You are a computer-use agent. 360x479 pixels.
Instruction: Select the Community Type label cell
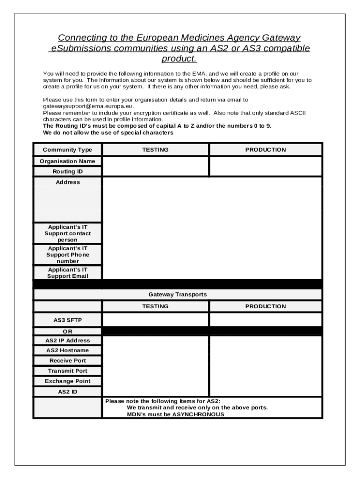coord(67,150)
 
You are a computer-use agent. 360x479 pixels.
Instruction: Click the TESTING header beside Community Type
coord(155,150)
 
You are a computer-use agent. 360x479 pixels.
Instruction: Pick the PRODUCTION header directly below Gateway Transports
coord(265,306)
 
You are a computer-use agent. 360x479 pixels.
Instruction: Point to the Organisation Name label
coord(67,161)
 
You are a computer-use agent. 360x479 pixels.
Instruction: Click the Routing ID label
coord(67,172)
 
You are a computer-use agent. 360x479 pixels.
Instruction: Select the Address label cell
coord(68,182)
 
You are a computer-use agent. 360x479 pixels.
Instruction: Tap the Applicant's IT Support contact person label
coord(68,233)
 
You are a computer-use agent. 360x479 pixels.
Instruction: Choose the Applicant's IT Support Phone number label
coord(68,255)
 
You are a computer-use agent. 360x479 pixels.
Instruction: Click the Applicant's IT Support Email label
coord(68,273)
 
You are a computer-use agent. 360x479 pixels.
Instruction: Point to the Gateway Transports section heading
coord(178,295)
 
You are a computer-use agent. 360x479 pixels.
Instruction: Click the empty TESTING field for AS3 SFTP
coord(155,320)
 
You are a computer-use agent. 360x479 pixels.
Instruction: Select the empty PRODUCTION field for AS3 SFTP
coord(265,320)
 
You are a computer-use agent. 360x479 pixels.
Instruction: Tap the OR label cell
coord(68,331)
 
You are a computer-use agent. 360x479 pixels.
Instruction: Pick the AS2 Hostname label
coord(67,350)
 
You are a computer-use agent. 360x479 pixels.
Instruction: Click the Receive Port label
coord(68,361)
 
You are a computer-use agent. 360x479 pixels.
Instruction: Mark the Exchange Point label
coord(68,381)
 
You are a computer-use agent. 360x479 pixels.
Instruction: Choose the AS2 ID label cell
coord(68,392)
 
